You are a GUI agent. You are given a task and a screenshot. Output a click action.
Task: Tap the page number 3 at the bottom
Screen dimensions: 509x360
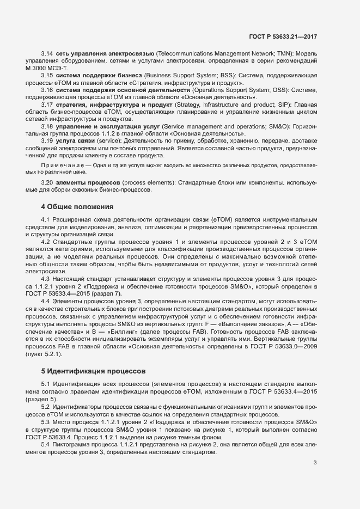point(315,463)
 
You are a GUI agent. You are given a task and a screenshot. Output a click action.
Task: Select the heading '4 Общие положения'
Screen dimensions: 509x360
point(77,207)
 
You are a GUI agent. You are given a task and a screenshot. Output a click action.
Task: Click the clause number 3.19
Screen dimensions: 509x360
point(47,140)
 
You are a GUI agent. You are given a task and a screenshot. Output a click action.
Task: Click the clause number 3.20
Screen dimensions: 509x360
point(47,183)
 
